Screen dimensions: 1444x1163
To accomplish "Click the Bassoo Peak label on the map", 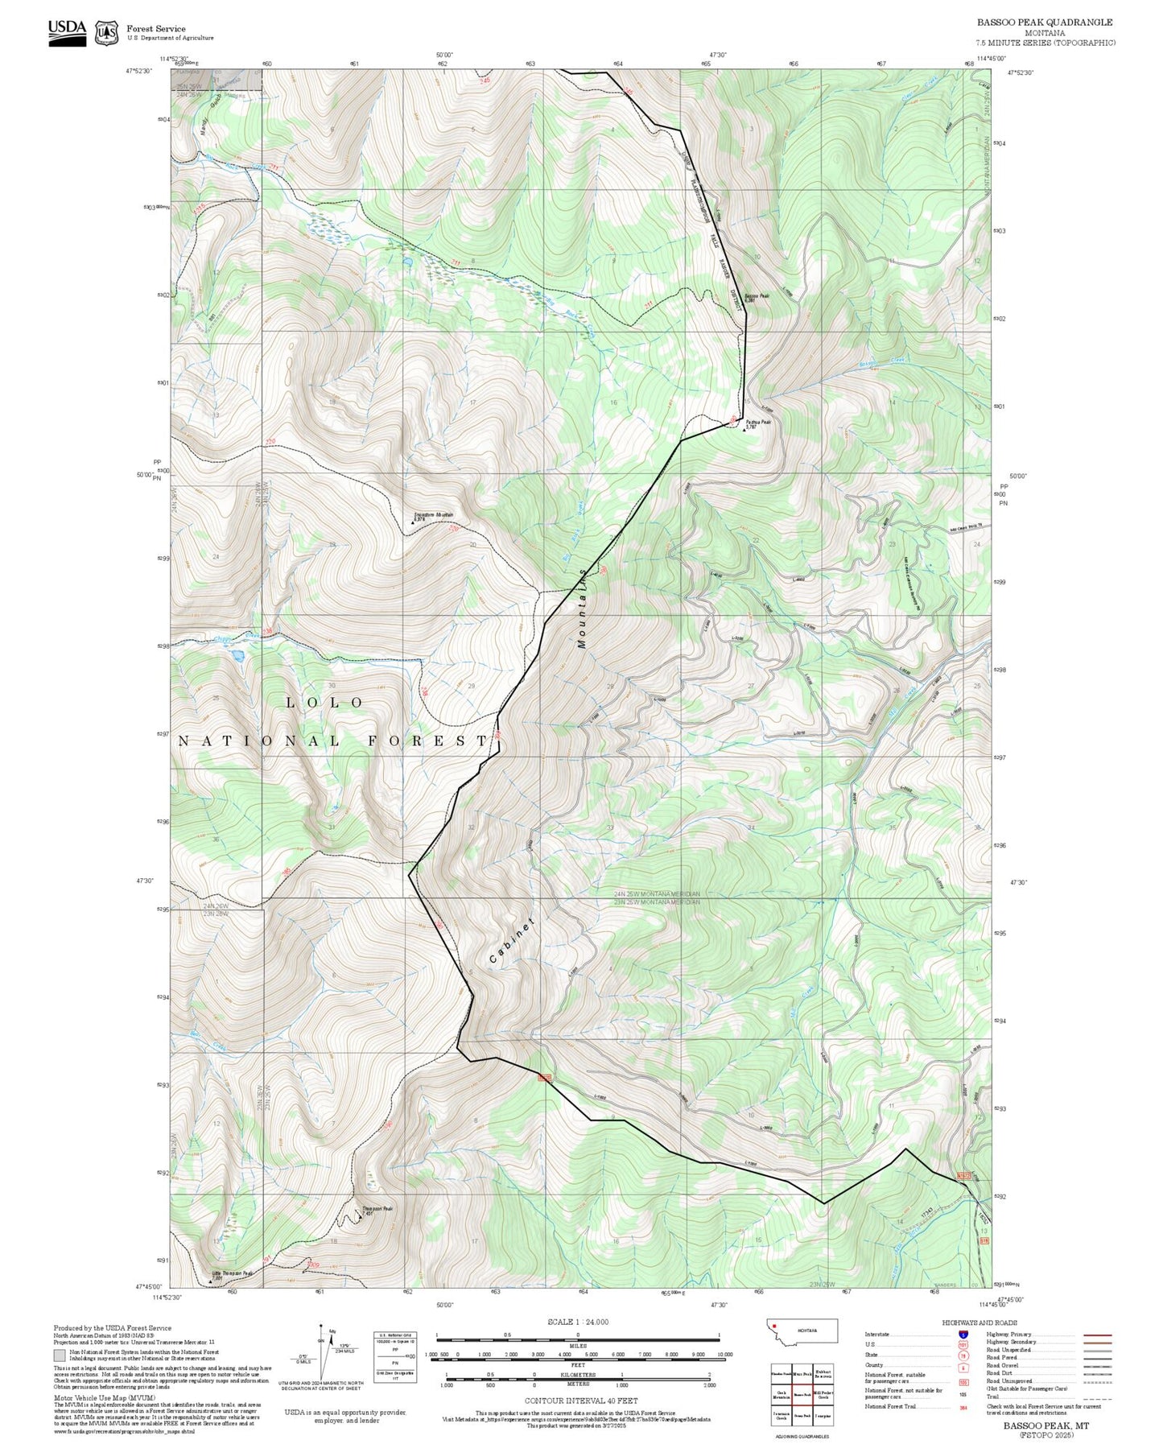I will coord(757,296).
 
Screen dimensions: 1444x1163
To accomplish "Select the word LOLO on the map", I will coord(325,703).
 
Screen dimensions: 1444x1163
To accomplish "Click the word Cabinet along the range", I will coord(512,941).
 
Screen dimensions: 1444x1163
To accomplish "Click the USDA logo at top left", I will coord(67,30).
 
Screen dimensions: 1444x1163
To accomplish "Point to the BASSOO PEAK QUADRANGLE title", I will coord(1045,23).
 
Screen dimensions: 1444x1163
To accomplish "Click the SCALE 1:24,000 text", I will coord(578,1322).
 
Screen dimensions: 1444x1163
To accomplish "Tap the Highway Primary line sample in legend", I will coord(1097,1335).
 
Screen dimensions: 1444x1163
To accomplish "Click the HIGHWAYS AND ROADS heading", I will coord(979,1322).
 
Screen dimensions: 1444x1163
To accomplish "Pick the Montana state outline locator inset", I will coord(802,1331).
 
